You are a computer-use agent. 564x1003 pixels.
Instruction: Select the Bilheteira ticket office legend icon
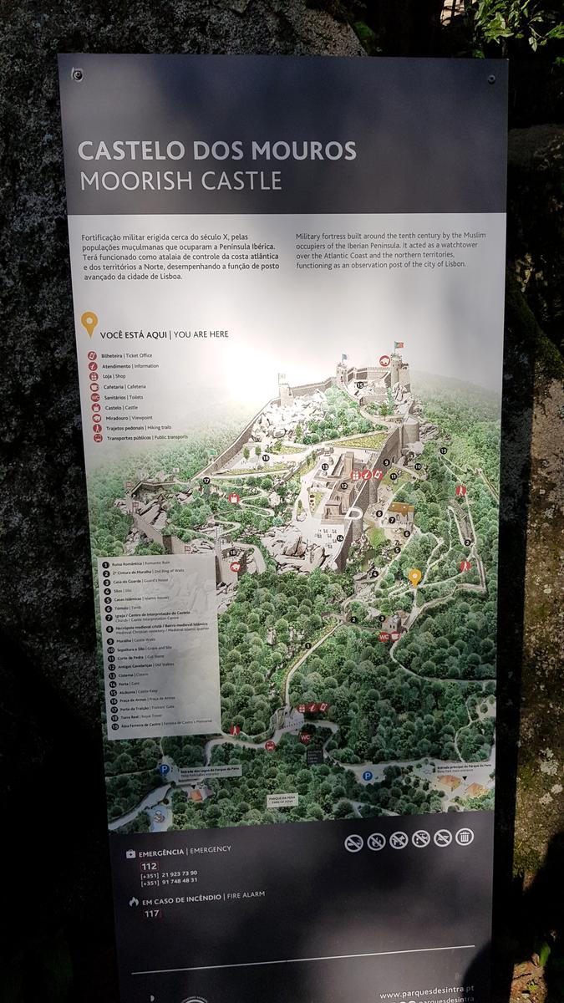point(94,355)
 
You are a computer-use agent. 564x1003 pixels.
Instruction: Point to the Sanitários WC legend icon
point(94,397)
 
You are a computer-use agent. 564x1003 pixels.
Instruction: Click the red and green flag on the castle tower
point(399,344)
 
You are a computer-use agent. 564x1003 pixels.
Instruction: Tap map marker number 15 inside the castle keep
point(358,385)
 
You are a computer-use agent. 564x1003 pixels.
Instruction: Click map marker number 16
point(266,457)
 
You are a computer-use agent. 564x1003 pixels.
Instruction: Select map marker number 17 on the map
point(206,481)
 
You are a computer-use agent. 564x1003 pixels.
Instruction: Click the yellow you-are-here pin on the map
point(414,577)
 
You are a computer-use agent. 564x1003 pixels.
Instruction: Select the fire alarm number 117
point(151,914)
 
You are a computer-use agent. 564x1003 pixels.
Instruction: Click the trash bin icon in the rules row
point(465,837)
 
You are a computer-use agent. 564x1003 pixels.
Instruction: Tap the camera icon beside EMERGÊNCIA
point(131,853)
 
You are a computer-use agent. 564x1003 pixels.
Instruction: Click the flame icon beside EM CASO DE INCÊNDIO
point(133,901)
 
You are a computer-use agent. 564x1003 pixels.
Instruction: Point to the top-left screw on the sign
point(77,74)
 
